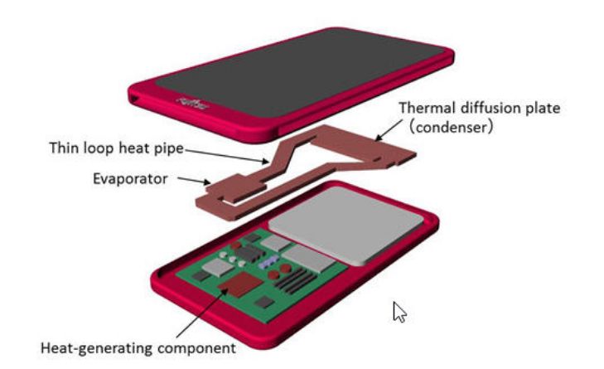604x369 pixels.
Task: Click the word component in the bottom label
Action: pyautogui.click(x=196, y=347)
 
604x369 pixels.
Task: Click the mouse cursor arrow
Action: pyautogui.click(x=399, y=312)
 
